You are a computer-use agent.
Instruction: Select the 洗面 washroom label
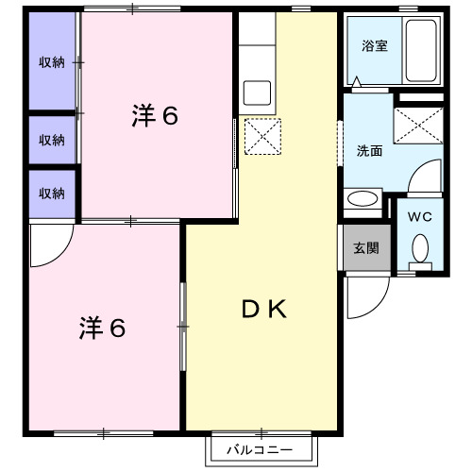(x=369, y=150)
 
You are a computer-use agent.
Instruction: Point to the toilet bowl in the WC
(x=420, y=248)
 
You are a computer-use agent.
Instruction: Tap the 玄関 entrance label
(x=365, y=249)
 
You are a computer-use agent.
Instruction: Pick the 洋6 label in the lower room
(x=102, y=329)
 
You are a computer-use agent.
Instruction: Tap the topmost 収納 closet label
(x=52, y=62)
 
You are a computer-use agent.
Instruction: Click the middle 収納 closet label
(x=52, y=140)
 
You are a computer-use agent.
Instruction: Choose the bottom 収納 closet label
(x=52, y=194)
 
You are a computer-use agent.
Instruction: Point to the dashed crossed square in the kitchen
(x=262, y=137)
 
